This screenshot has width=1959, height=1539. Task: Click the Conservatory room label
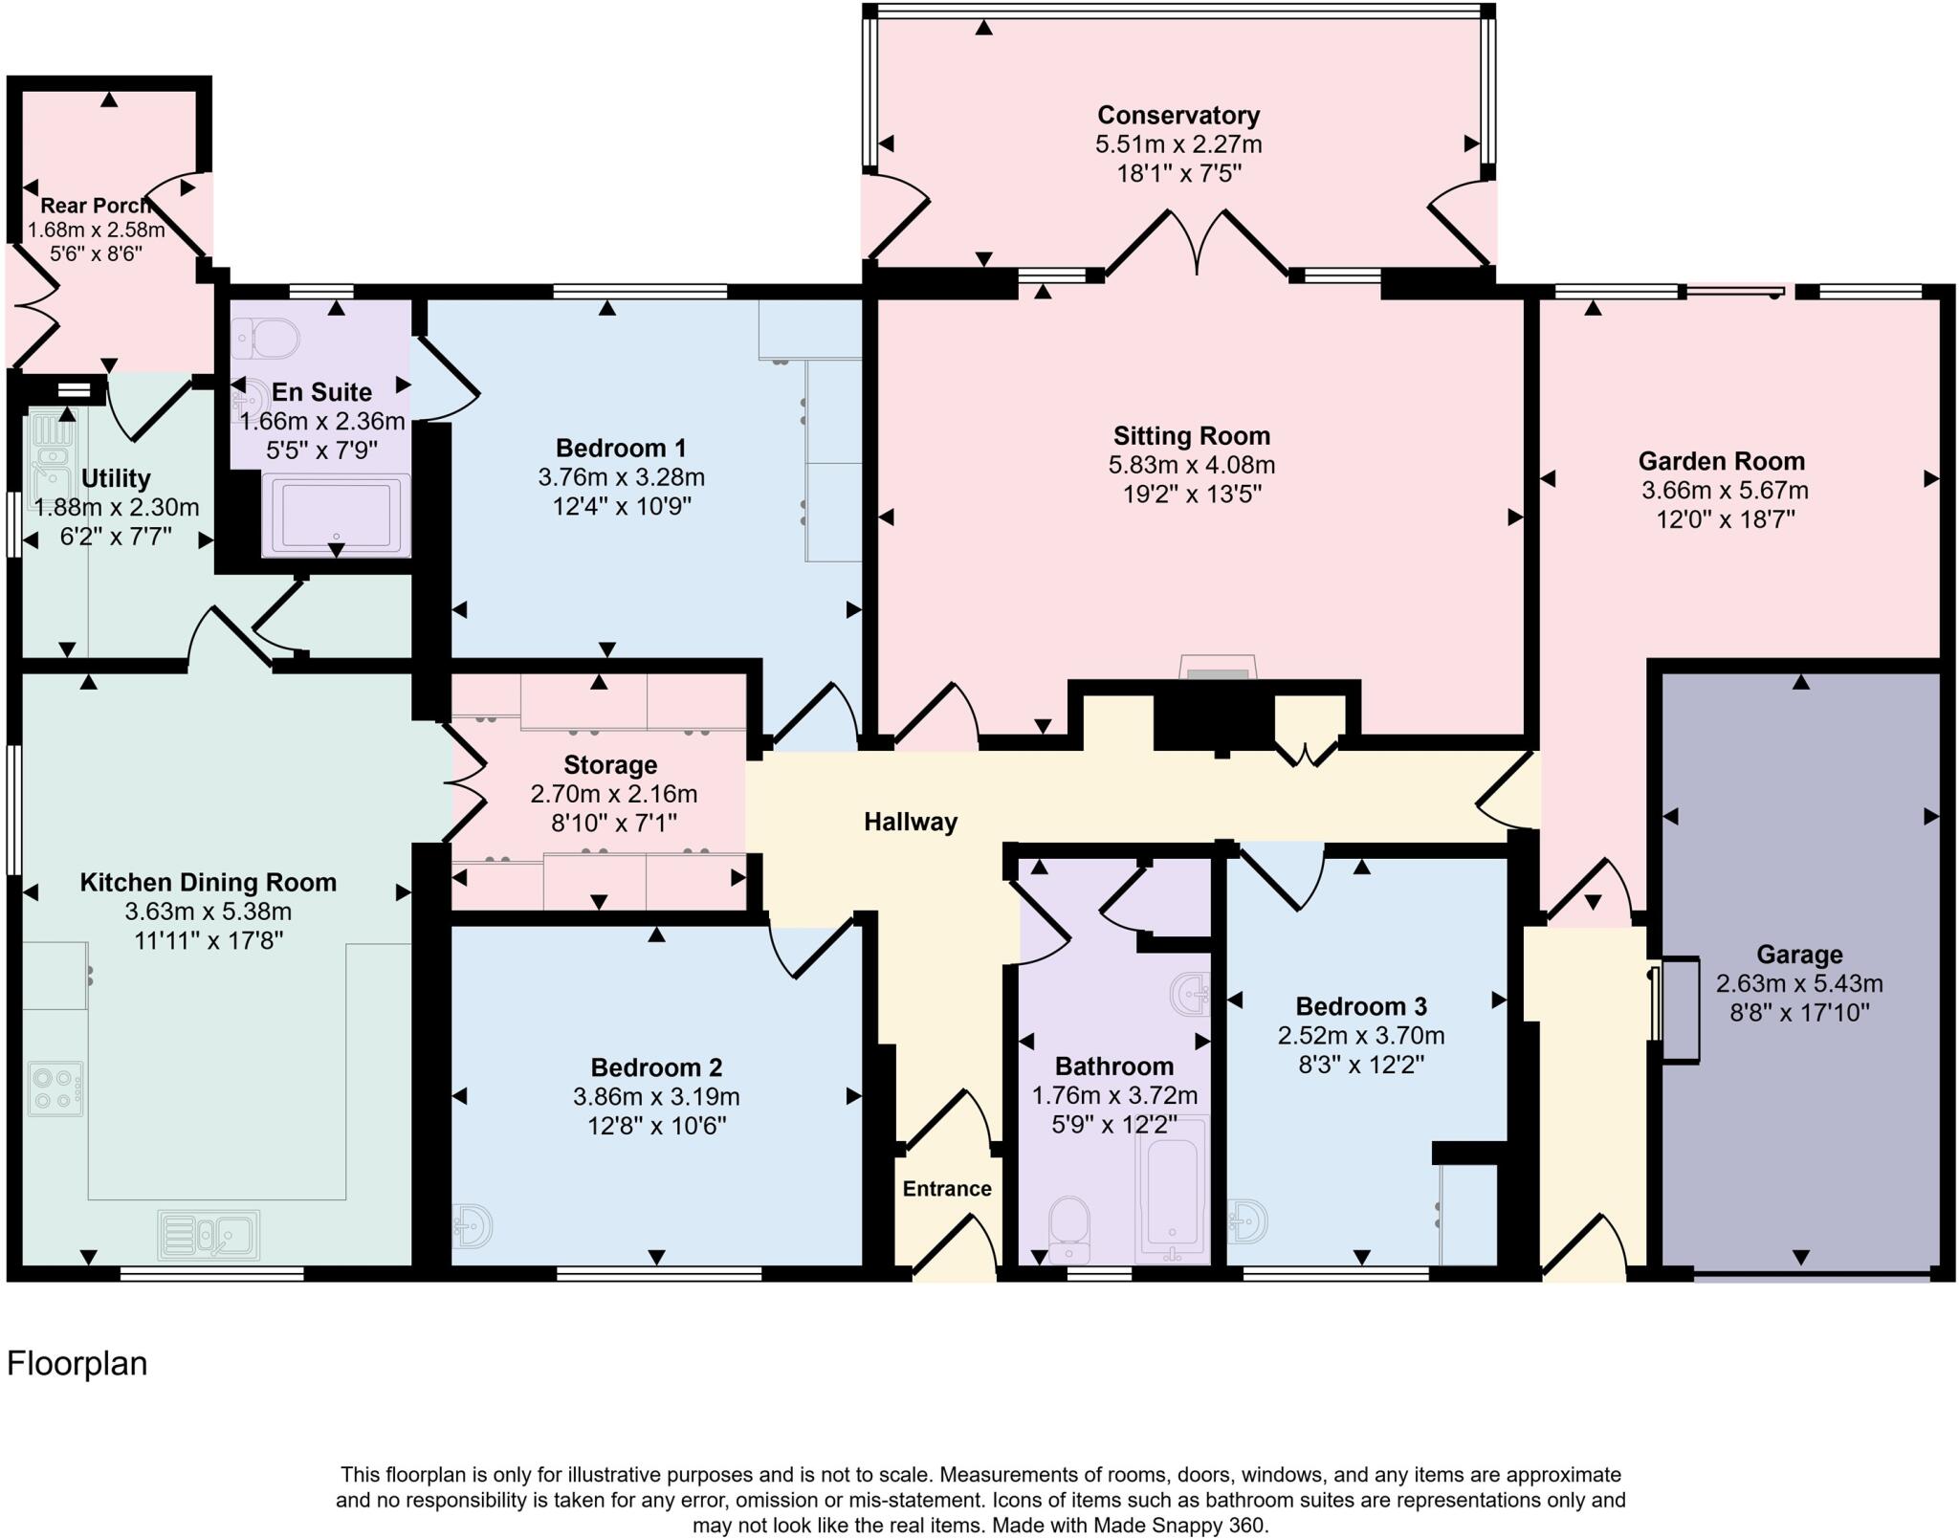point(1178,116)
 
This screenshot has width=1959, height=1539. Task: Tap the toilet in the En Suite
point(265,338)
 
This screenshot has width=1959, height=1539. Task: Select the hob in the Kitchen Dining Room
point(55,1088)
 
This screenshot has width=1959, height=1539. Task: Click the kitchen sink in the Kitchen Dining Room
point(209,1234)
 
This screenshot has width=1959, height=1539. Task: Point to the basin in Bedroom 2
point(473,1224)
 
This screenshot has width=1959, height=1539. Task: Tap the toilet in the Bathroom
point(1068,1229)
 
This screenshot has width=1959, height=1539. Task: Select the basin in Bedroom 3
point(1248,1221)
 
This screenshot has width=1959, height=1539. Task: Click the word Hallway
point(910,822)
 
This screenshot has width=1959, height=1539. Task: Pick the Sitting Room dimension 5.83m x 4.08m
point(1191,466)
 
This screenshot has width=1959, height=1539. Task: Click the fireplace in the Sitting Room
point(1217,670)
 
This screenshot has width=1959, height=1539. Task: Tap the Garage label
point(1798,954)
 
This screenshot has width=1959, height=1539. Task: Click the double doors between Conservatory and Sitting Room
point(1196,244)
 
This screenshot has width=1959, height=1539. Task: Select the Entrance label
point(946,1188)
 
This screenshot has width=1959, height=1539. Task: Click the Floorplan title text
point(77,1363)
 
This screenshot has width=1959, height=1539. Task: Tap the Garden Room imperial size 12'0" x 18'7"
point(1725,519)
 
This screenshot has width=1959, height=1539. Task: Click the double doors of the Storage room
point(467,780)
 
